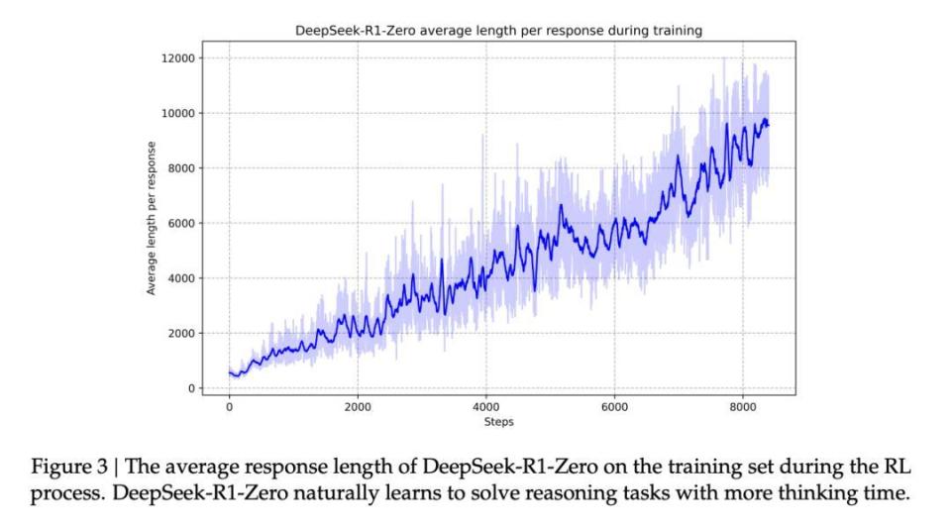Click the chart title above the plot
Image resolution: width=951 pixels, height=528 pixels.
(x=498, y=31)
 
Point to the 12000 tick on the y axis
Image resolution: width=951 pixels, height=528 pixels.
(x=177, y=57)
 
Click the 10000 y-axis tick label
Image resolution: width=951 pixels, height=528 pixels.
(x=177, y=113)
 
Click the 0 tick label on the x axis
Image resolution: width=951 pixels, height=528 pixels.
(x=229, y=407)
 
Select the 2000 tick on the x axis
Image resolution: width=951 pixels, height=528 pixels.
(x=358, y=407)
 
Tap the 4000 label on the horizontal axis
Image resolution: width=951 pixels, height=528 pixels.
(x=486, y=407)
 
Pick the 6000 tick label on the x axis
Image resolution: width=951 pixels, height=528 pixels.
(x=614, y=407)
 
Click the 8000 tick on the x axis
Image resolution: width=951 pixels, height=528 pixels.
(x=743, y=407)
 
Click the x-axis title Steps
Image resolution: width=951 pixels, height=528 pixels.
(x=498, y=422)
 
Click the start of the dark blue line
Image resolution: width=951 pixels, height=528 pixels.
(x=229, y=372)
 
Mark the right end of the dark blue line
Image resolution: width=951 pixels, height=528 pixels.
(x=769, y=125)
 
